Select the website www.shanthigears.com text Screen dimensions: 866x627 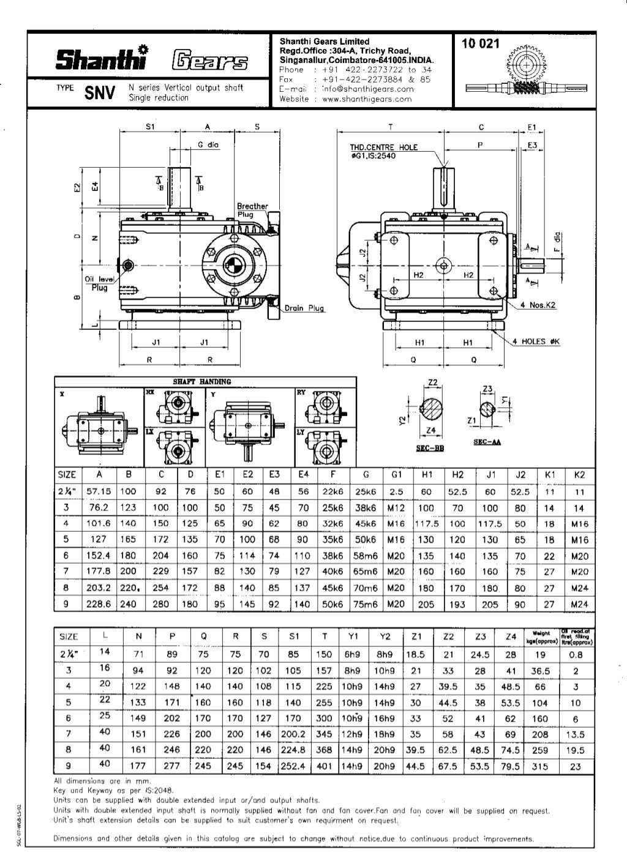point(366,99)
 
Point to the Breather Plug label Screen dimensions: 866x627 point(252,210)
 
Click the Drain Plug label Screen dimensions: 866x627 point(304,308)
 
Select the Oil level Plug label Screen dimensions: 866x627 point(97,283)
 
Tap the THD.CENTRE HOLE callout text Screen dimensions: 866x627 point(383,147)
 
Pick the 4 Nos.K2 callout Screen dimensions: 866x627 point(538,305)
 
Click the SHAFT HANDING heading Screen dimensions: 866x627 point(201,382)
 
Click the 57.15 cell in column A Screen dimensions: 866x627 point(98,491)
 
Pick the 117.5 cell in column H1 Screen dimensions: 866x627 point(427,524)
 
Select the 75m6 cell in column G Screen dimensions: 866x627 point(366,604)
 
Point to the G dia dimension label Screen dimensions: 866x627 point(208,144)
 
